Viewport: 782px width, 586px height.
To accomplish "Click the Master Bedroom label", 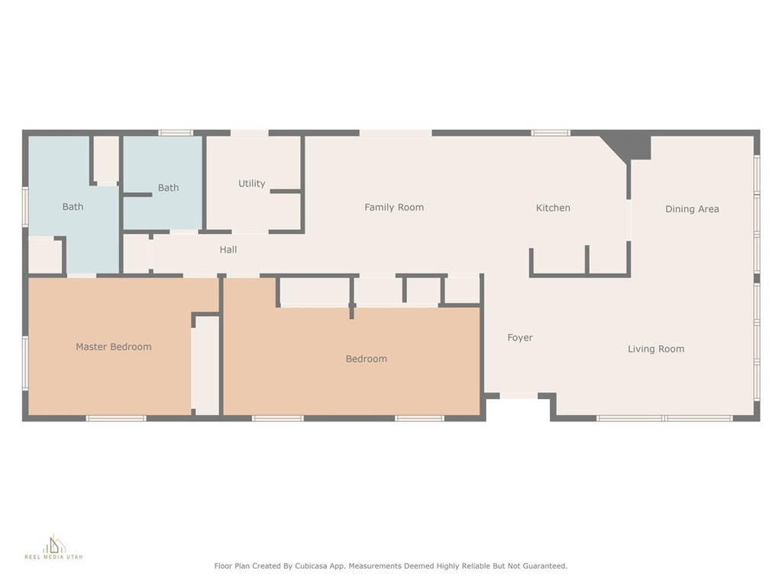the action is click(114, 347).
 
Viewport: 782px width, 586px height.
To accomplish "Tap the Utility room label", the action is click(252, 183).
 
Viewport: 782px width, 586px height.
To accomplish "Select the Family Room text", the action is click(394, 208).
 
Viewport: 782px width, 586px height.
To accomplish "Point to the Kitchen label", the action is click(553, 208).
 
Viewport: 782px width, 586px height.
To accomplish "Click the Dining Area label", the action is click(692, 209).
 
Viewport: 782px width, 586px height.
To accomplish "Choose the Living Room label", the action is click(656, 349).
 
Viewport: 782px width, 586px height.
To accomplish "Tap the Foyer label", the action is click(520, 338).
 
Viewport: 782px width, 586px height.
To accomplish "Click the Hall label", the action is click(228, 250).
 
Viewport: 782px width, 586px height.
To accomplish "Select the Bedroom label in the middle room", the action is click(367, 359).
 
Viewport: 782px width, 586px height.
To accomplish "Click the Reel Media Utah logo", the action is click(54, 547).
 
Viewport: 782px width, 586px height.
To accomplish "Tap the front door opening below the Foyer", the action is click(519, 396).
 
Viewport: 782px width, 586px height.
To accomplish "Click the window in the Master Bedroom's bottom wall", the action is click(116, 419).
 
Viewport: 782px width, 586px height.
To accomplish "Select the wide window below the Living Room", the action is click(665, 419).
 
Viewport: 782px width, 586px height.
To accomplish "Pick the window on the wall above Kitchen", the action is click(550, 133).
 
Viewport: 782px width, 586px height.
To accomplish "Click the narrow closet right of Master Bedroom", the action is click(207, 365).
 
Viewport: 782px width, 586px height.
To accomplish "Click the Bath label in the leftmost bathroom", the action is click(73, 207).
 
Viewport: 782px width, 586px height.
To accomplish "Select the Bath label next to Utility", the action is click(169, 188).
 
